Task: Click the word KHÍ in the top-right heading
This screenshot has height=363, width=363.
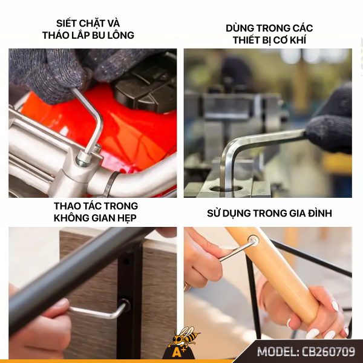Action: point(299,40)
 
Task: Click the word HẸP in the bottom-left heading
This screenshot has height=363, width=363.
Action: point(126,218)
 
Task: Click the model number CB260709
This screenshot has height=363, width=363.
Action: point(329,352)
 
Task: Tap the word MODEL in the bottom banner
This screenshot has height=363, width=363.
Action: point(277,352)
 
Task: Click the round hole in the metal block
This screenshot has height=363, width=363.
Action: point(228,189)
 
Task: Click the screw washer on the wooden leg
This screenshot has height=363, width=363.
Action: point(253,241)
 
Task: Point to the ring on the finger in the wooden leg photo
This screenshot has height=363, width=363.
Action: point(186,287)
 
